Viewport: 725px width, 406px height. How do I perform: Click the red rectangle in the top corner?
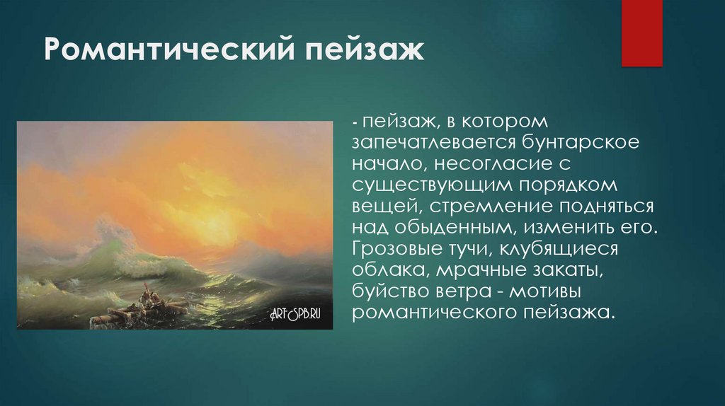tap(641, 33)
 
